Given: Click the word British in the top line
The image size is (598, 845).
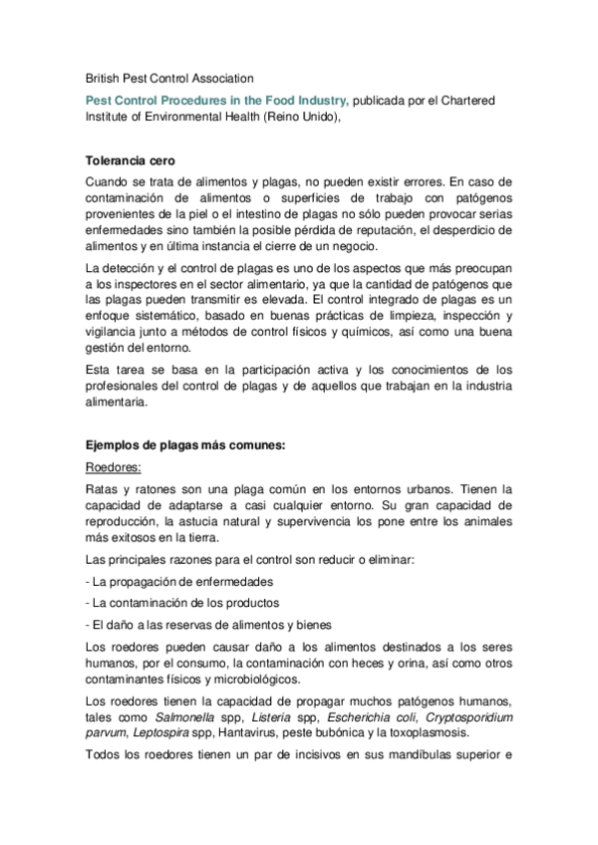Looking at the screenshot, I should [x=104, y=78].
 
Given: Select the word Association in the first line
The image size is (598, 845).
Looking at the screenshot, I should [x=221, y=78].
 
